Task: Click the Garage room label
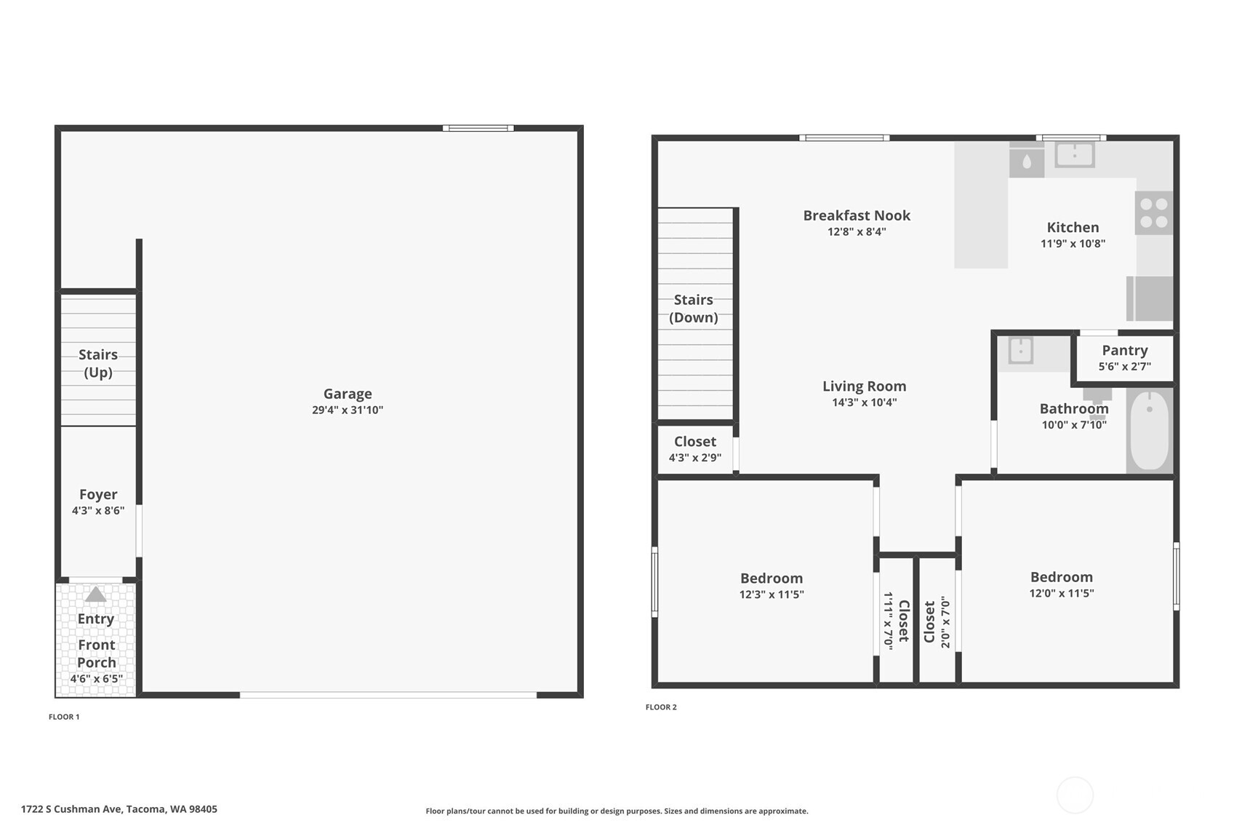coord(348,394)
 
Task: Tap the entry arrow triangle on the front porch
coord(95,595)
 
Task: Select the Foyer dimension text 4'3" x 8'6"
coord(98,511)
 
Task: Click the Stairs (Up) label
coord(98,363)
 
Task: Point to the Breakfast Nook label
coord(857,215)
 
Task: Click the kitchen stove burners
coord(1153,212)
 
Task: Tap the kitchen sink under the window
coord(1074,154)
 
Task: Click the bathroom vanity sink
coord(1021,351)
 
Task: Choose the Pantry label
coord(1124,351)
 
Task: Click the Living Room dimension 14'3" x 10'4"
coord(864,402)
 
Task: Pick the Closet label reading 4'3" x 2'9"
coord(695,442)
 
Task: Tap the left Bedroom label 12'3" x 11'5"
coord(772,579)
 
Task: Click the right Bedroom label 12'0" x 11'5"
coord(1061,577)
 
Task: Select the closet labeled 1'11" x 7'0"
coord(896,620)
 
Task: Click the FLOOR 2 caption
coord(661,707)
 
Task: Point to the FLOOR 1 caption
coord(64,717)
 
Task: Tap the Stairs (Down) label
coord(694,309)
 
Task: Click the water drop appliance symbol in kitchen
coord(1027,162)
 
